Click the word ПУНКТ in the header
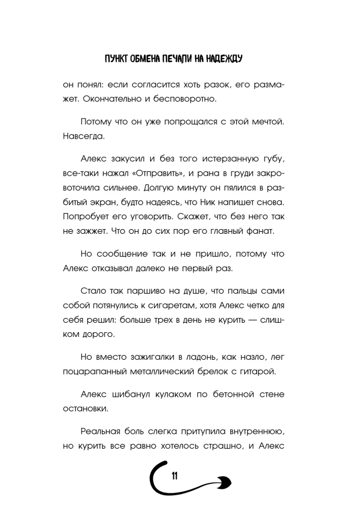coord(117,59)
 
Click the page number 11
coord(174,477)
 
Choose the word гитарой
coord(271,373)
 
